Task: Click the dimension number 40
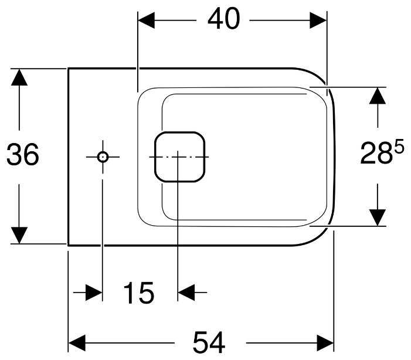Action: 223,18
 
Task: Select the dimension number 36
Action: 22,154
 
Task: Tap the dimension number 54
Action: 209,342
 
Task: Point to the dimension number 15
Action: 138,293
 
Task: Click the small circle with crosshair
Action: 103,157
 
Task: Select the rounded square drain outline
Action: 179,132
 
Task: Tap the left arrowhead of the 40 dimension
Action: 146,20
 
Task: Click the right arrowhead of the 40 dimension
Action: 318,20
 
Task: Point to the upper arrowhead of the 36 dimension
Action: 19,77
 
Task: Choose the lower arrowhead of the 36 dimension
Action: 19,235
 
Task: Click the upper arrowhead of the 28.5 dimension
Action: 378,96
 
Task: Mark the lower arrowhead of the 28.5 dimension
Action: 378,218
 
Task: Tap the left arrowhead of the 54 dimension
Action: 77,342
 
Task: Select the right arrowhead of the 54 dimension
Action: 325,342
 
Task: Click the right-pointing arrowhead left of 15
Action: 94,292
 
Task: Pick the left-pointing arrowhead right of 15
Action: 186,292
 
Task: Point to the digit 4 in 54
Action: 218,342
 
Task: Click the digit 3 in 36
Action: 14,154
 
